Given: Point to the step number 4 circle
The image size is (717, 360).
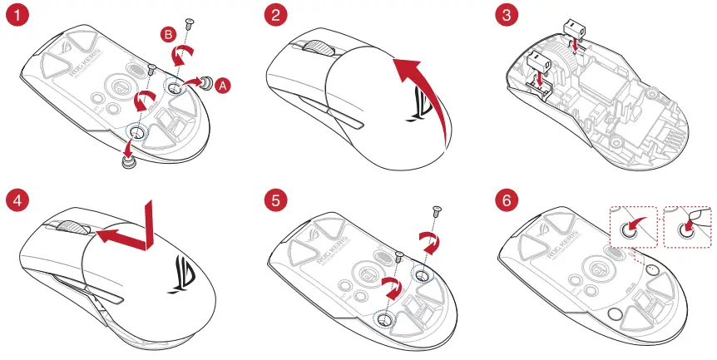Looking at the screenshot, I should [x=17, y=200].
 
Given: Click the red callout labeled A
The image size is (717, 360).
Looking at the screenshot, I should [x=221, y=85].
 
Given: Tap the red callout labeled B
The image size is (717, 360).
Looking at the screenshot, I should [x=169, y=34].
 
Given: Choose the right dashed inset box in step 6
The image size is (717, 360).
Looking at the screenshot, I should [x=690, y=228].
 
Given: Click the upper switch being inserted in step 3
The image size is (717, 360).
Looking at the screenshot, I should [x=571, y=30].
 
